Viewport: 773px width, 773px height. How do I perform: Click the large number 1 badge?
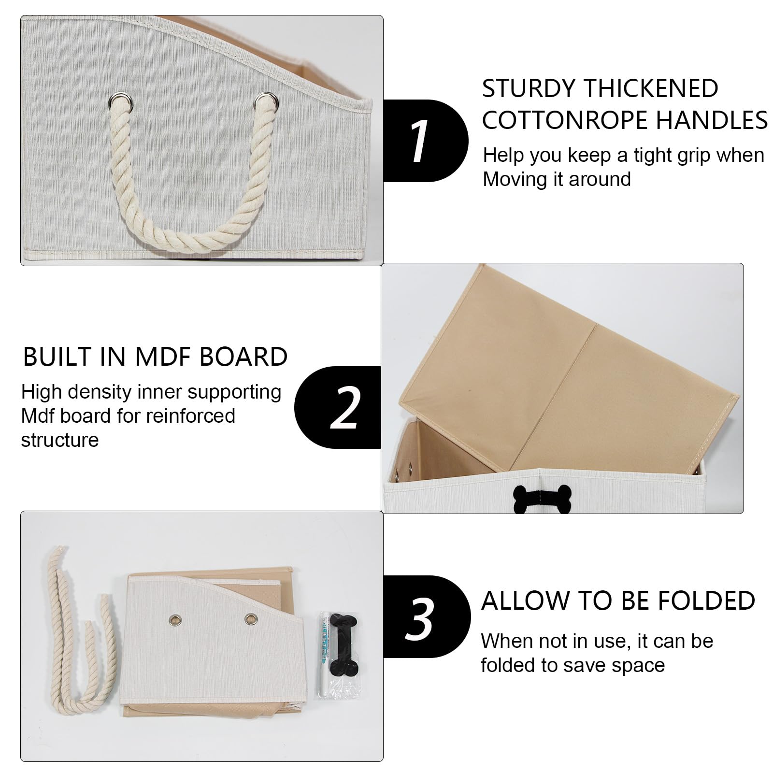(425, 141)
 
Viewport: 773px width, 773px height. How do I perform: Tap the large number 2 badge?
(338, 407)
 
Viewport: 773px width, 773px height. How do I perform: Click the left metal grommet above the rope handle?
(116, 100)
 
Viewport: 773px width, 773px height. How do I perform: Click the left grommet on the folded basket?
(174, 619)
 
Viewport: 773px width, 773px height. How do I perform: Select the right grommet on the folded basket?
(250, 618)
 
